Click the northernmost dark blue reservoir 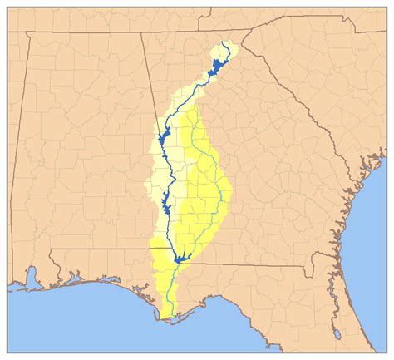[x=218, y=65]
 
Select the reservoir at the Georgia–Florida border [x=180, y=259]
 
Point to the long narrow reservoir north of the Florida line [x=167, y=201]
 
